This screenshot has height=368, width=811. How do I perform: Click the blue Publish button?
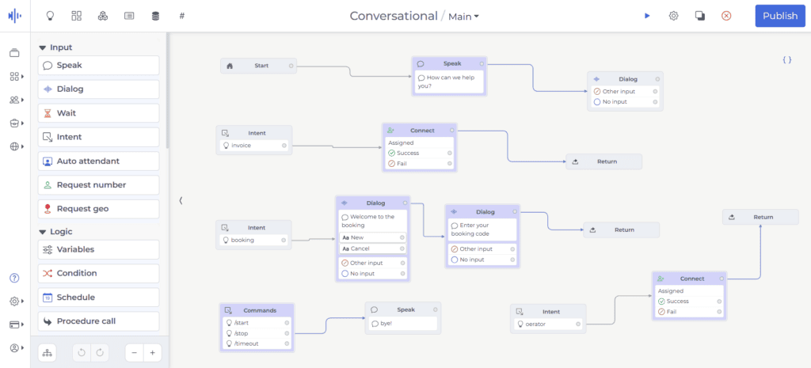[x=780, y=16]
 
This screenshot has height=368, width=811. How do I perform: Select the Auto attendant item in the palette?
[x=99, y=161]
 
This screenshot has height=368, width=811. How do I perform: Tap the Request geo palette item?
[x=99, y=209]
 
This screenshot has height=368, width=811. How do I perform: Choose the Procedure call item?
[x=99, y=321]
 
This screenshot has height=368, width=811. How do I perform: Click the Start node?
[x=259, y=66]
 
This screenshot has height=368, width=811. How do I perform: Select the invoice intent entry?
[x=254, y=146]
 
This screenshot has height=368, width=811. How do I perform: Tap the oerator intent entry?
[x=548, y=324]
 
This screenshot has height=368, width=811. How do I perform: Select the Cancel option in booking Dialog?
[x=372, y=248]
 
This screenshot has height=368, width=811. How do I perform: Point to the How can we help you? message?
[x=449, y=82]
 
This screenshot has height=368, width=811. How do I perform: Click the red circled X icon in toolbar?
[x=726, y=16]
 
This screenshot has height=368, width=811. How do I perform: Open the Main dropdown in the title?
[x=463, y=17]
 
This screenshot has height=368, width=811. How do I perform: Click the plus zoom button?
[x=153, y=353]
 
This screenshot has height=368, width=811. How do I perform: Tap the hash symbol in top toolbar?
[x=182, y=16]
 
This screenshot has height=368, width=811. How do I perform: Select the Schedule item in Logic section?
[x=99, y=298]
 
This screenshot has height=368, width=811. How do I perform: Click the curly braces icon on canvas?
[x=786, y=60]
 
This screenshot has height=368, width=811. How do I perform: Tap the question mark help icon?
[x=14, y=278]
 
